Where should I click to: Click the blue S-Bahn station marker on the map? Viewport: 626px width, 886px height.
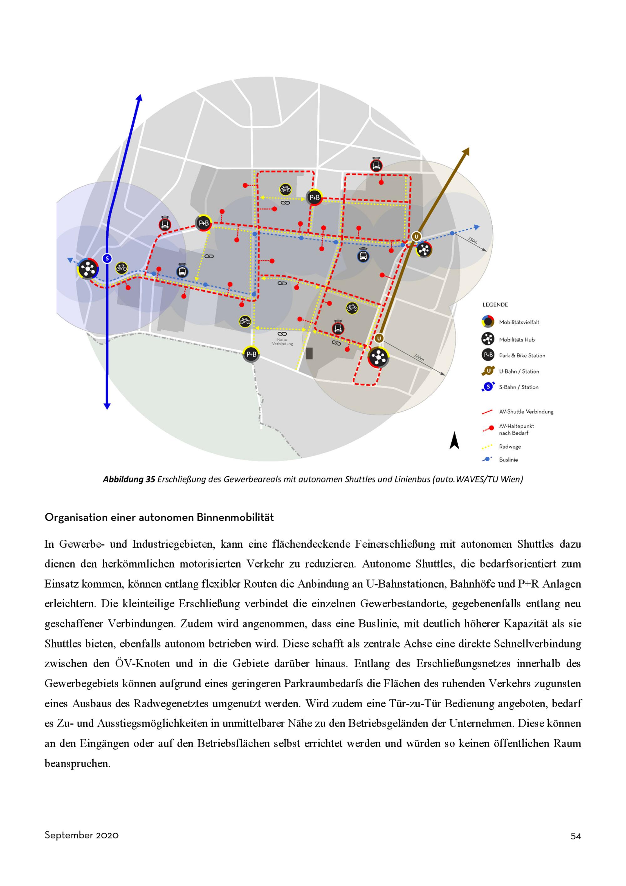tap(107, 259)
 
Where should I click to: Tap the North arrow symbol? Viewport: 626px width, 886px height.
tap(454, 441)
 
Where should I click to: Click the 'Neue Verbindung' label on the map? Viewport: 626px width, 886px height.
tap(282, 342)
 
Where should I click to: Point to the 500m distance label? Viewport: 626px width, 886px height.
tap(419, 357)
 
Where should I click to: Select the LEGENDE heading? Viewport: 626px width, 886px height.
tap(495, 305)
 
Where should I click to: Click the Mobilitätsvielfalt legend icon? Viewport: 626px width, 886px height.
tap(488, 322)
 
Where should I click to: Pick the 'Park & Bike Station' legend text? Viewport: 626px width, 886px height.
tap(522, 355)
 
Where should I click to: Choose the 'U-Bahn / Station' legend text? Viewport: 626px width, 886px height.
tap(519, 371)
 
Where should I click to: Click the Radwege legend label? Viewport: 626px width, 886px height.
tap(510, 446)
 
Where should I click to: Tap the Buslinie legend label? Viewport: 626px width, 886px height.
tap(508, 460)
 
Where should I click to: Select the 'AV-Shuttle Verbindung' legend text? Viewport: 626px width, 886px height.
tap(526, 412)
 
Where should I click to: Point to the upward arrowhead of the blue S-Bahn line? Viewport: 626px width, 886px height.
tap(140, 98)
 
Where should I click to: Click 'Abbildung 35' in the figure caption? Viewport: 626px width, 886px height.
tap(129, 479)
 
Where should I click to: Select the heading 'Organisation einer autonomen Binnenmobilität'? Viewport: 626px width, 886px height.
tap(159, 518)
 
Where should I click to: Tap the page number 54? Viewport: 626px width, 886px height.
tap(576, 836)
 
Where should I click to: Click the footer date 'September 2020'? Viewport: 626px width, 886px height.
tap(81, 835)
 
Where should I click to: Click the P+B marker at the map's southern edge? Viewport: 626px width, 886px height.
tap(251, 354)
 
